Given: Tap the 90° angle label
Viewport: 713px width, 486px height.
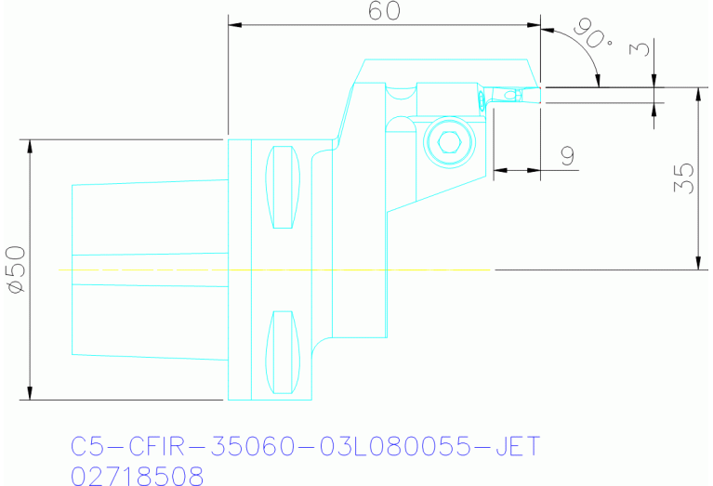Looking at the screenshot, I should pos(594,35).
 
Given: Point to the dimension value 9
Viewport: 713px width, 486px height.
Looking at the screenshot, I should pos(567,155).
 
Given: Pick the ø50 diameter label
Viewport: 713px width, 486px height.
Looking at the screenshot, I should pos(16,270).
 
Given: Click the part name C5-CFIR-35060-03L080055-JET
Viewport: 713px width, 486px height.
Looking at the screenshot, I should pos(305,447).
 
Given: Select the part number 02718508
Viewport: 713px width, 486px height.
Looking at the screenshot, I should pos(138,476).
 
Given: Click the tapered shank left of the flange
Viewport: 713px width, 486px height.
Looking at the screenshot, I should pos(149,269).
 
